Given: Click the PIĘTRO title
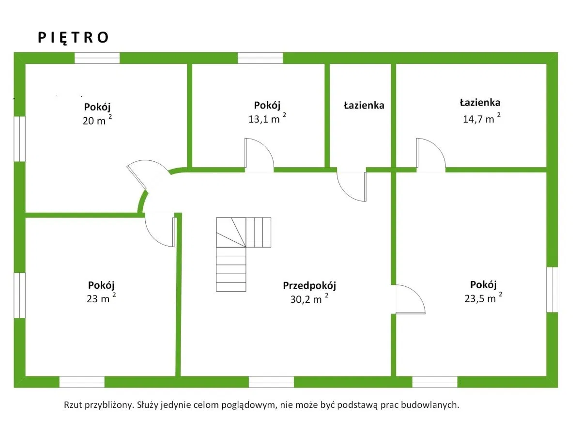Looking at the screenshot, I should tap(74, 38).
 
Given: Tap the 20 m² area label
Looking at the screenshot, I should tap(97, 121).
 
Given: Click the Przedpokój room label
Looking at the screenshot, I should tap(309, 285).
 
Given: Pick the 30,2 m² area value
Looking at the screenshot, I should tap(309, 299).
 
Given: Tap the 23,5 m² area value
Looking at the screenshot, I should tap(483, 298).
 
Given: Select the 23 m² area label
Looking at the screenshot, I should tap(101, 298).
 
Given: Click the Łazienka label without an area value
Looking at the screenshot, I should tap(364, 105).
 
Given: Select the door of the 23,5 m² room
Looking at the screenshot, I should tap(410, 300).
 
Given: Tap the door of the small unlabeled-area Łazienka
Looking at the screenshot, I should tap(352, 186).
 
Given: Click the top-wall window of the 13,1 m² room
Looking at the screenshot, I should tap(260, 58).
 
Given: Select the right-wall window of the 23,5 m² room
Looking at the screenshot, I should tap(552, 290).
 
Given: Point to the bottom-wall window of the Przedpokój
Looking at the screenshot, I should tap(271, 382).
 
